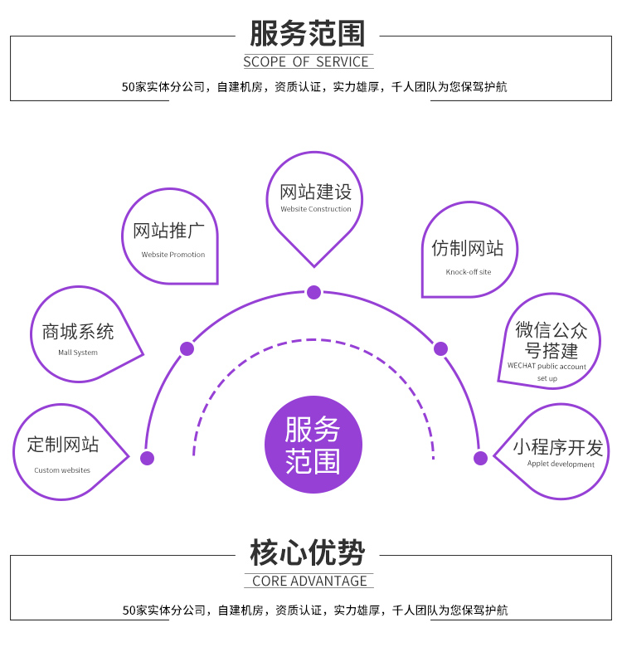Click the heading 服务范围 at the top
coord(307,34)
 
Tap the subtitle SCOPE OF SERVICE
coord(307,62)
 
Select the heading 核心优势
coord(308,552)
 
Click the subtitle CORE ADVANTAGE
coord(309,581)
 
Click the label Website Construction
coord(316,209)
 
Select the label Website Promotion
coord(173,255)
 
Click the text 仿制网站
coord(468,248)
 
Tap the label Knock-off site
coord(469,272)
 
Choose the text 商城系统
coord(78,333)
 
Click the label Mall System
coord(78,353)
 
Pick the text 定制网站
coord(62,445)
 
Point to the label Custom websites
coord(62,470)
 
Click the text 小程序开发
coord(557,447)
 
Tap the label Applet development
coord(561,465)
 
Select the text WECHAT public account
coord(547,367)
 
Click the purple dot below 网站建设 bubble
coord(313,292)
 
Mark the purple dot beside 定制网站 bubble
coord(148,458)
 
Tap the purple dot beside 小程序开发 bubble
coord(480,458)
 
